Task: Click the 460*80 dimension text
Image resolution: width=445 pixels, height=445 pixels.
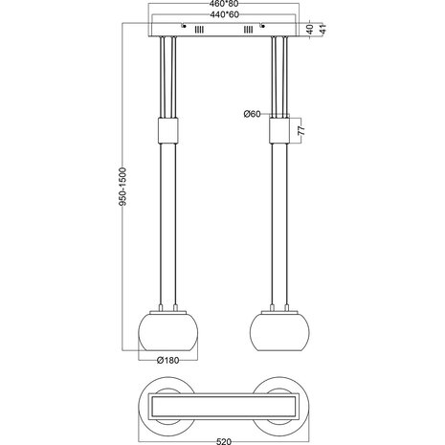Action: [x=223, y=6]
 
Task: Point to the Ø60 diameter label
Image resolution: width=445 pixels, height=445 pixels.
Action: [x=254, y=115]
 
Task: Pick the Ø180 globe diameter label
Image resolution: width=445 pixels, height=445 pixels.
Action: [x=168, y=362]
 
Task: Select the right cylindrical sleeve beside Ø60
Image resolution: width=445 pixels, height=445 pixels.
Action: [x=281, y=128]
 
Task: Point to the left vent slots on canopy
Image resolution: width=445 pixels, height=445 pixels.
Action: [x=199, y=32]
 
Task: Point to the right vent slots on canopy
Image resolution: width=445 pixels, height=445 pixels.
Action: [x=249, y=32]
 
